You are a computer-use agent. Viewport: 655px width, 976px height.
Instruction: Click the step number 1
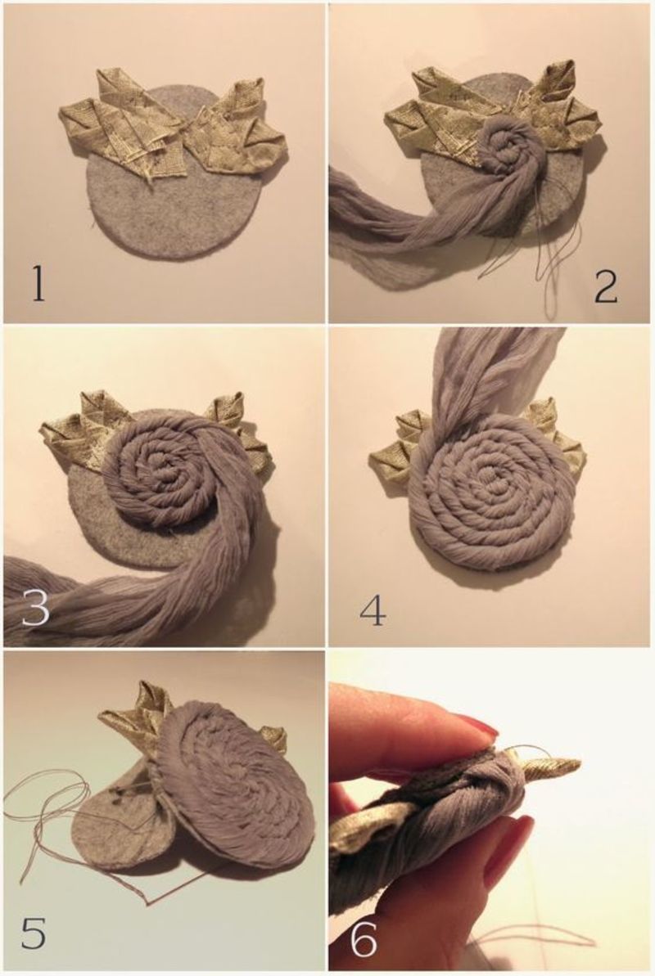(x=38, y=286)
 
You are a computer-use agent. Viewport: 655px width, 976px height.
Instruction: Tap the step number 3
(x=35, y=607)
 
